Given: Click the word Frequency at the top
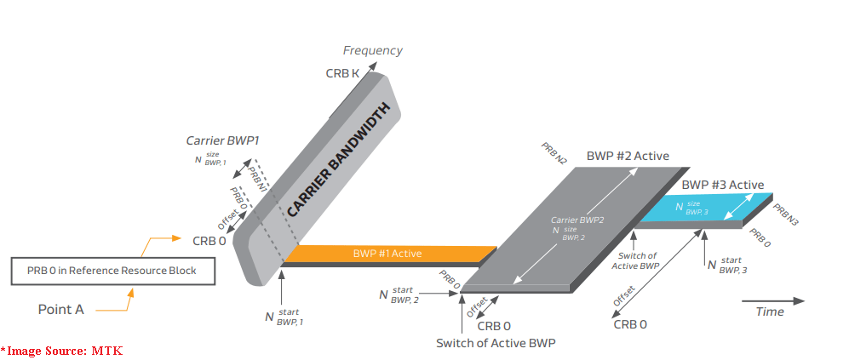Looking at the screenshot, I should coord(372,51).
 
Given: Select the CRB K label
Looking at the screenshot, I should coord(342,74).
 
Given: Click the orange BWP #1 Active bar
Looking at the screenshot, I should coord(387,254).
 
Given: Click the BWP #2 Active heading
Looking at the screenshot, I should coord(628,157).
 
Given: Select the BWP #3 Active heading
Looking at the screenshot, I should coord(722,185).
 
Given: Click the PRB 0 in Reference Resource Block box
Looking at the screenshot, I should coord(112,271).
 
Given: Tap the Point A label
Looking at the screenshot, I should coord(61,310).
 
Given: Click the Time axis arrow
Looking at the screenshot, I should coord(772,300).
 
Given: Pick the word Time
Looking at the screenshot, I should coord(770,312).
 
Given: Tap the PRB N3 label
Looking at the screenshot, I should coord(787,214).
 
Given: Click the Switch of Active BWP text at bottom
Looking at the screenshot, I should coord(496,344).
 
